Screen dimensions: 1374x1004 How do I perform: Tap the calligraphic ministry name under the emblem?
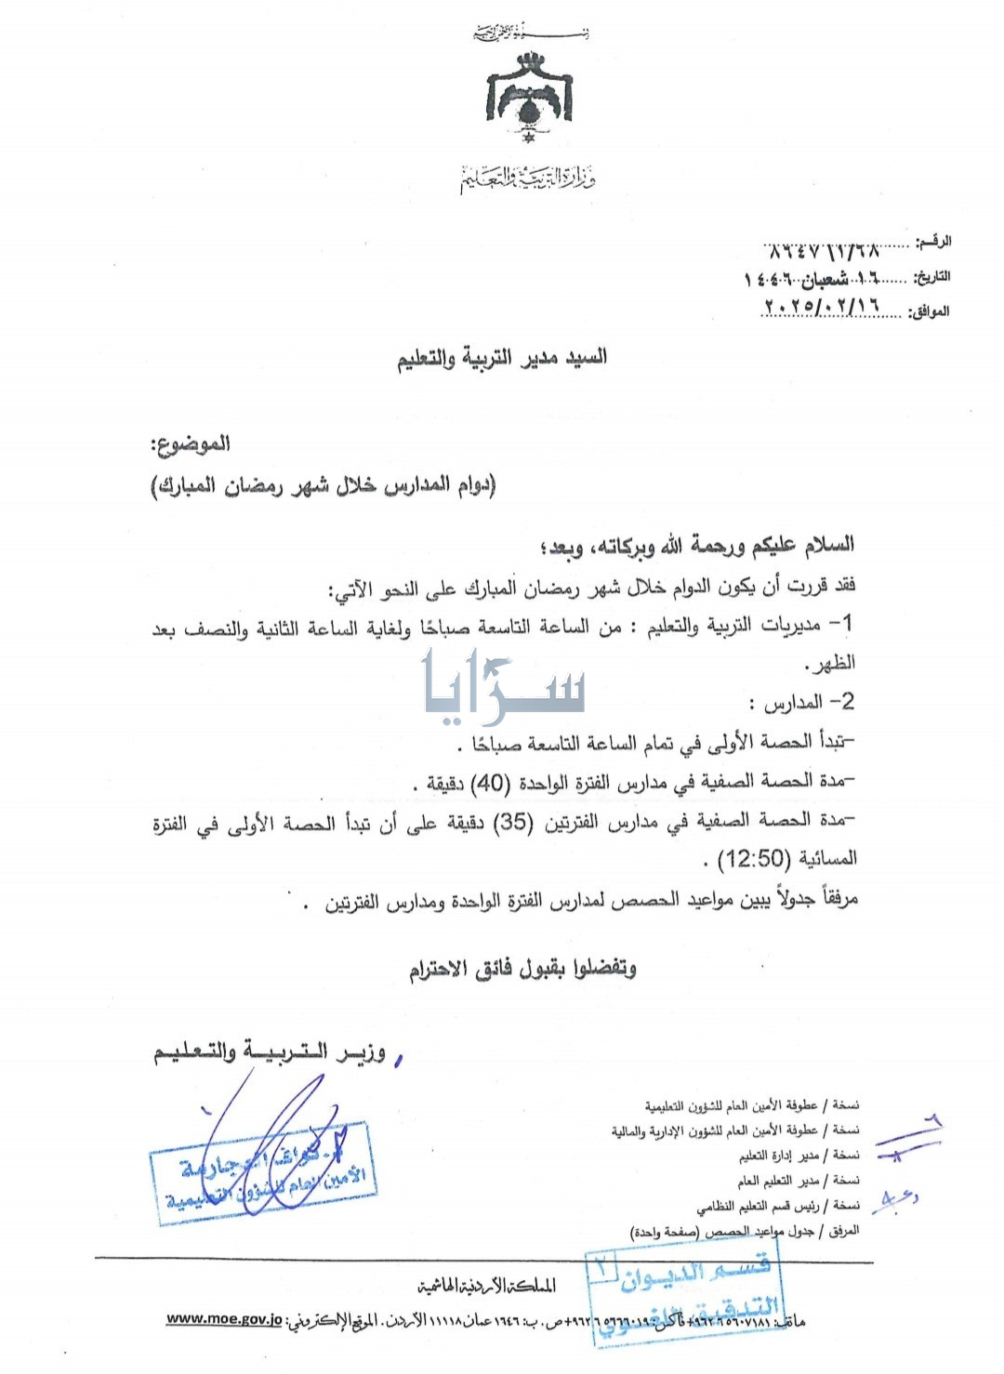tap(526, 176)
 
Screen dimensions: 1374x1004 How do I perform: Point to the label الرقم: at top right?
tap(933, 242)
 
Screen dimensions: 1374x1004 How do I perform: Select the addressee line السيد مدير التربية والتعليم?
tap(502, 358)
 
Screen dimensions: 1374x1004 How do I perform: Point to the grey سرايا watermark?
tap(504, 686)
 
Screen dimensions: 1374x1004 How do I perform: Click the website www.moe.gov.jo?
tap(224, 1319)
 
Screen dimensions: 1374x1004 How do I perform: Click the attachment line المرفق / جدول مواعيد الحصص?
tap(744, 1231)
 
